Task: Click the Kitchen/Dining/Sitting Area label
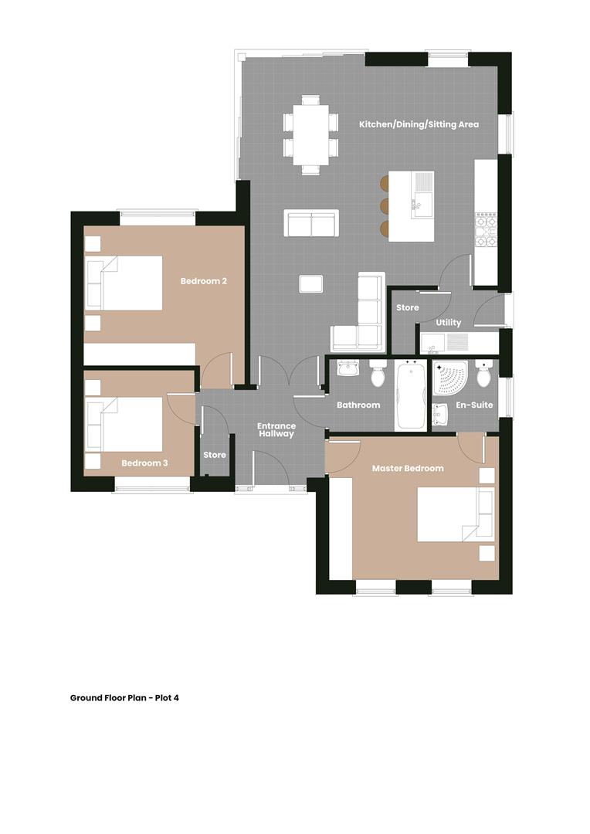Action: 419,124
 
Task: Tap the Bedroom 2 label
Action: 204,281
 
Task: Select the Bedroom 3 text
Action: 144,463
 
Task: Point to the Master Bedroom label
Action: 408,468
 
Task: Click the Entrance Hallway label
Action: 276,430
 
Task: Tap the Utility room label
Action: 449,323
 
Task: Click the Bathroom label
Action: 358,405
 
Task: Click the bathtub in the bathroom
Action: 410,397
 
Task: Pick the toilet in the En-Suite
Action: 483,375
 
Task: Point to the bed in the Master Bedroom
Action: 455,514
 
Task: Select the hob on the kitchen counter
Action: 485,230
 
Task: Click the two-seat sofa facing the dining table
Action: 312,223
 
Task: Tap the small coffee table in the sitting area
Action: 311,283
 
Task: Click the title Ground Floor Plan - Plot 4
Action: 124,697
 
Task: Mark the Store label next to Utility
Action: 407,307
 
